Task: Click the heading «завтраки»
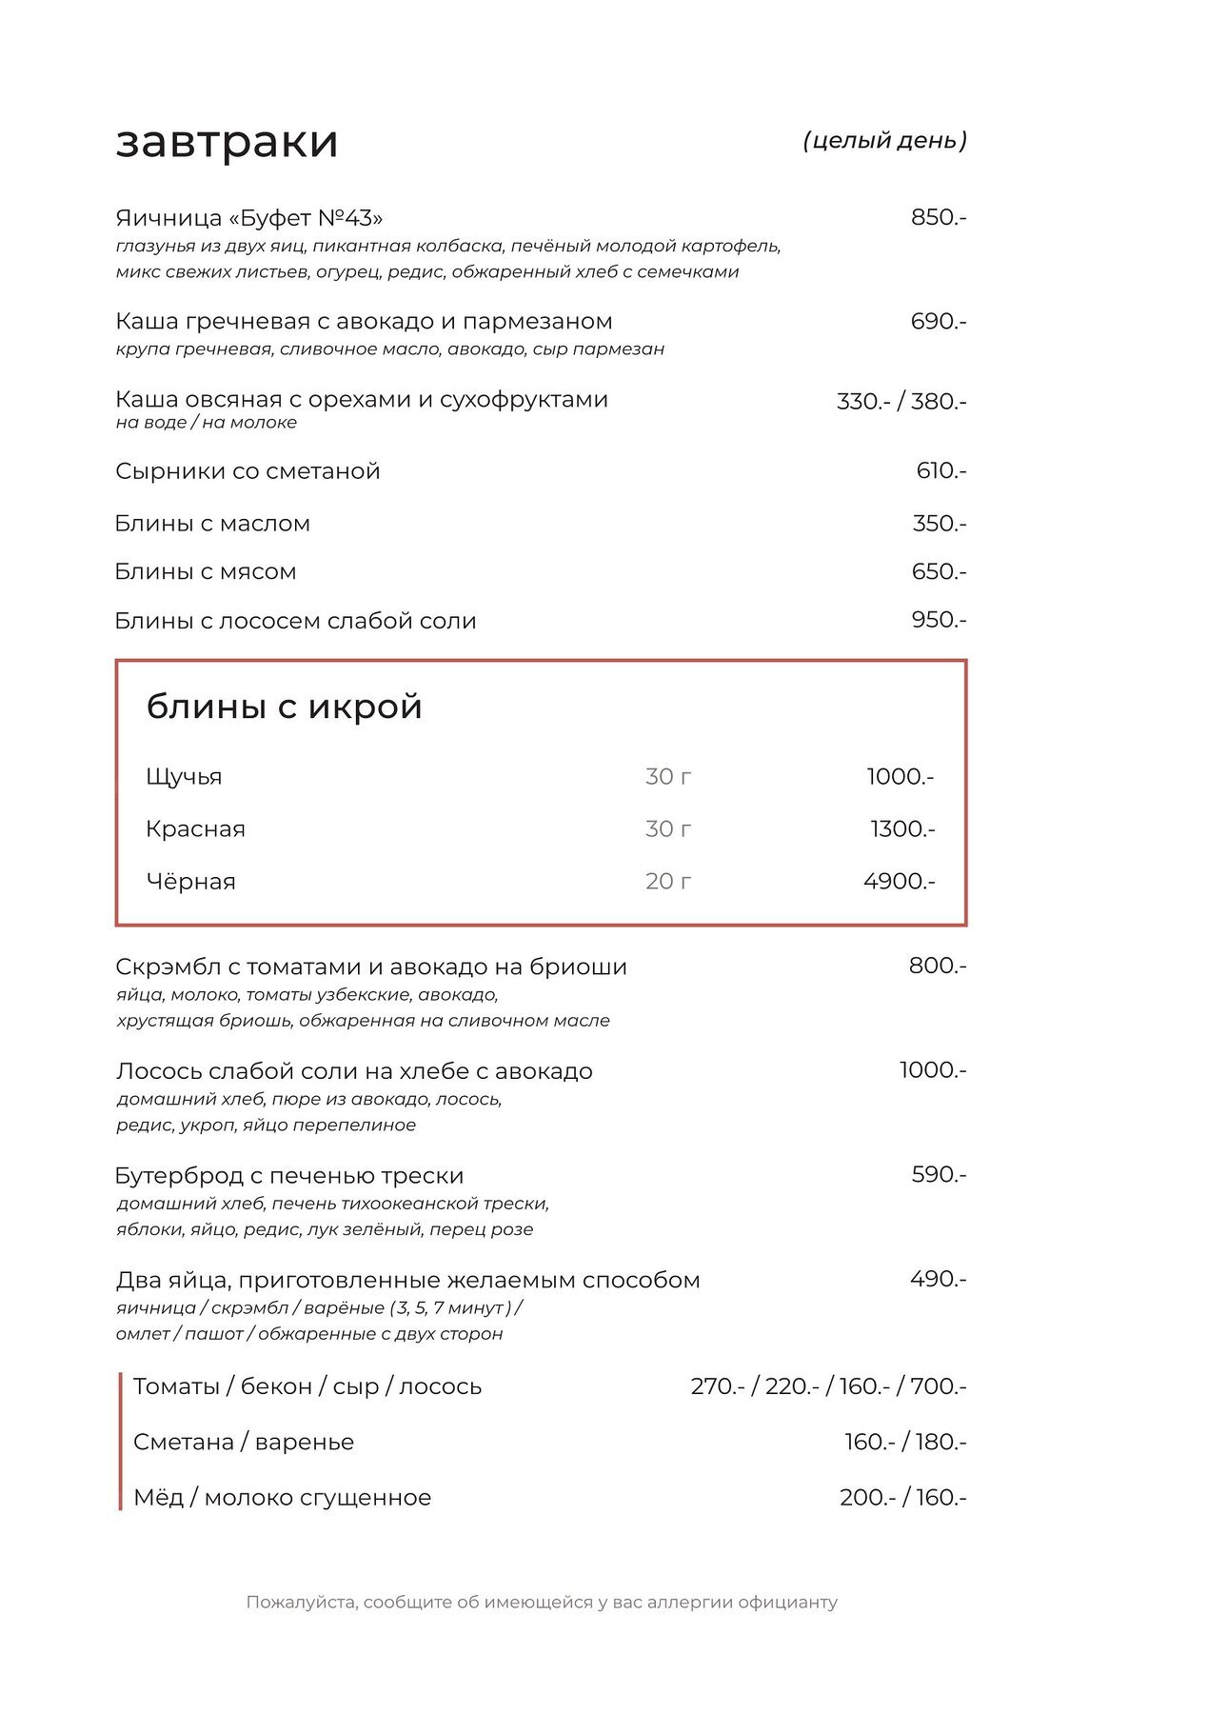pos(227,142)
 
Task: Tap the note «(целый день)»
pos(884,141)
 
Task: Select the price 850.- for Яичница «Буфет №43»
pos(938,217)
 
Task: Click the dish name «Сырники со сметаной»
pos(248,471)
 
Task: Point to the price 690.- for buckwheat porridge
pos(938,322)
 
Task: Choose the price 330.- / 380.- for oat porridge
pos(901,401)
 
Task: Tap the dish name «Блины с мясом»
pos(206,572)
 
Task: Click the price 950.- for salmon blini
pos(939,620)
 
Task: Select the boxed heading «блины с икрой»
pos(284,707)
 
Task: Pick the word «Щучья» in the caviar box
pos(184,777)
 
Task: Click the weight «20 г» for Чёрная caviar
pos(668,882)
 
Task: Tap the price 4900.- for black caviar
pos(899,882)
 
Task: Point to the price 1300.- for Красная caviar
pos(902,829)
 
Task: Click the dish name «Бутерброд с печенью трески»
pos(289,1176)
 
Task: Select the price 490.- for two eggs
pos(938,1279)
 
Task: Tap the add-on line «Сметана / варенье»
pos(244,1443)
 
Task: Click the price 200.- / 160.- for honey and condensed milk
pos(902,1498)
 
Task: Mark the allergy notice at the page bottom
pos(542,1603)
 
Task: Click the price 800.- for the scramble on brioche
pos(937,966)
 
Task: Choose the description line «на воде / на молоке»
pos(207,423)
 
